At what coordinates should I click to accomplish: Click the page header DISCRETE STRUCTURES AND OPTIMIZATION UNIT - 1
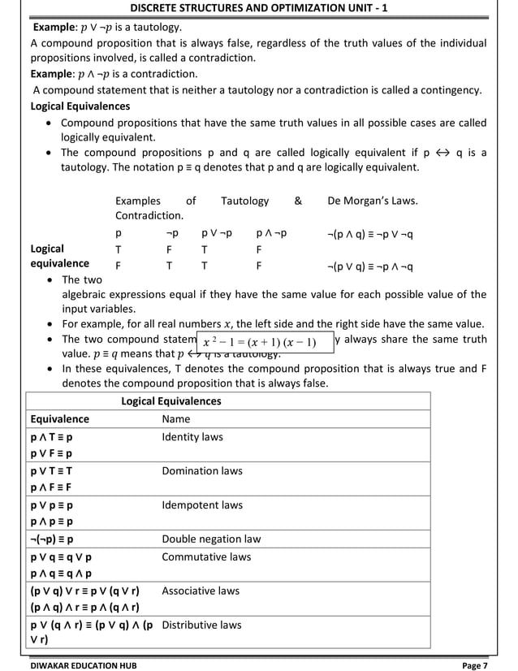259,7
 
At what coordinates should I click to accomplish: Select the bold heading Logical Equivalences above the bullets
80,106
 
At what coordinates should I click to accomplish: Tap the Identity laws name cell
192,437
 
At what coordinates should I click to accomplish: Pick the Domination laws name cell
202,471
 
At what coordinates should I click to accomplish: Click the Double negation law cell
211,539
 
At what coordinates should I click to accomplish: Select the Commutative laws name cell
206,557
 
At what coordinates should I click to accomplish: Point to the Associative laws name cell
201,591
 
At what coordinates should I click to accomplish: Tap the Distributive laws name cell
201,626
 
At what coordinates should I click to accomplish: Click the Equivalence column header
60,419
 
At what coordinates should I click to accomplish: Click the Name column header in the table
176,419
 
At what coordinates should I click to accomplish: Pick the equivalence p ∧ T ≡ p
51,437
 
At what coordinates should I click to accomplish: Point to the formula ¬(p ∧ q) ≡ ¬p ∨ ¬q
370,234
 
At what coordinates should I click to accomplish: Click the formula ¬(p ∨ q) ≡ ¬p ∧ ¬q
370,266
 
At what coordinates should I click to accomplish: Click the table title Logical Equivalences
171,401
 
